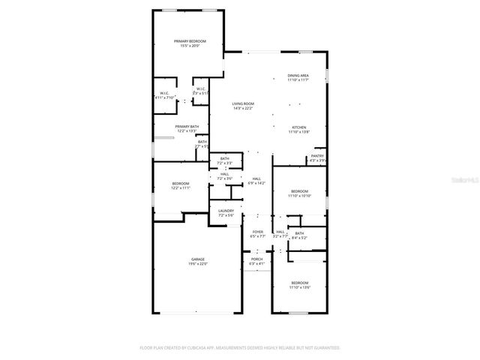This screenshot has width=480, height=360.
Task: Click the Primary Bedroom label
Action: [190, 40]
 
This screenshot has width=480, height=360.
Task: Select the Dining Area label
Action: [298, 76]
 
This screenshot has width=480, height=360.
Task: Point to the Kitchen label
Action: [298, 127]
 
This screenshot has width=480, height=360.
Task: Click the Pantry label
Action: [317, 156]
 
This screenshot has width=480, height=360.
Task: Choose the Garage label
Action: [197, 259]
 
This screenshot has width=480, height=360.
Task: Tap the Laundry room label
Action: [226, 211]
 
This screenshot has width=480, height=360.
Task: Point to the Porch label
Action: [256, 259]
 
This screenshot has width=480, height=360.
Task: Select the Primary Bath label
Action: [187, 126]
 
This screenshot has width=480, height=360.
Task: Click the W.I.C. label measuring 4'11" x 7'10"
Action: [163, 94]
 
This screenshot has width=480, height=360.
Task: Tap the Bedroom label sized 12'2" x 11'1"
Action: [180, 184]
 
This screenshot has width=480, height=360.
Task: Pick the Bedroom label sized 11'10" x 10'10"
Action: [299, 191]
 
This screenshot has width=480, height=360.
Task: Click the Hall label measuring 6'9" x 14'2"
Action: [256, 178]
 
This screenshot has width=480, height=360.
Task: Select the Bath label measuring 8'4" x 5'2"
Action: [299, 233]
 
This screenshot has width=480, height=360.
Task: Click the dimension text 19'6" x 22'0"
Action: [197, 264]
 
